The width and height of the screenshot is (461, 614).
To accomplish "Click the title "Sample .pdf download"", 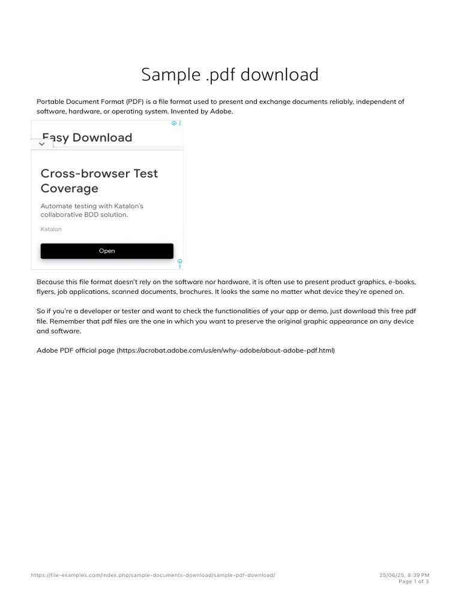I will tap(230, 75).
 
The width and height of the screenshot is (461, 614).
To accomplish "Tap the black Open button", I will tap(107, 251).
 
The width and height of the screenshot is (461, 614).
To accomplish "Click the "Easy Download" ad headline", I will tap(87, 137).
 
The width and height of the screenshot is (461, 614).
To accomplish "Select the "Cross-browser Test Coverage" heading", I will tap(99, 180).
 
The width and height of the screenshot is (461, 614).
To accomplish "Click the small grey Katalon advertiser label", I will tap(51, 229).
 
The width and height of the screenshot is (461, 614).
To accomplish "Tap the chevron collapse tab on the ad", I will tap(41, 144).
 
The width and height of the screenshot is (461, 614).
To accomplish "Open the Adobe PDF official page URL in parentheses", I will tap(225, 350).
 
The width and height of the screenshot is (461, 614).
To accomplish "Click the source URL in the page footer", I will tap(153, 575).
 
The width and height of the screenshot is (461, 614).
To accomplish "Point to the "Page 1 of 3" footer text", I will tap(414, 582).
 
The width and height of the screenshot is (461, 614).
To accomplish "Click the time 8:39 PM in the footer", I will tap(418, 575).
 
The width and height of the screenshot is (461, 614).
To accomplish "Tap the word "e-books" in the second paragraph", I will tap(402, 281).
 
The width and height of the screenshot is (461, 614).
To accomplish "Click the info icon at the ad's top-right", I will tap(174, 123).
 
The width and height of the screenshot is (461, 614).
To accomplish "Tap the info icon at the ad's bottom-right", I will tap(179, 261).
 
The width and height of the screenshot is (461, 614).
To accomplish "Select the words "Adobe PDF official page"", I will tap(76, 350).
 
